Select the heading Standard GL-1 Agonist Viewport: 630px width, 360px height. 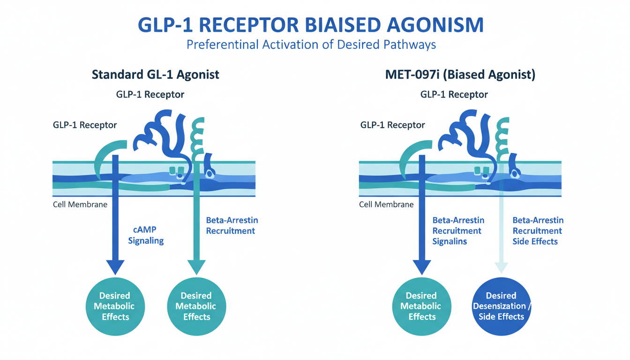pos(156,75)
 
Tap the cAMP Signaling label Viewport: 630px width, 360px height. pos(146,236)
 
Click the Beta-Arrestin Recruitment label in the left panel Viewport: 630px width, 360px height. pos(232,225)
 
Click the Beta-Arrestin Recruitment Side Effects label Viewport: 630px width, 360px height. pos(538,231)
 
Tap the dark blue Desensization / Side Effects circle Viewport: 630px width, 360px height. pos(501,306)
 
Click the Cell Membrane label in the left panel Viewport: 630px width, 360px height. pos(80,204)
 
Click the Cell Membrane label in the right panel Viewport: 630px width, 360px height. pos(386,204)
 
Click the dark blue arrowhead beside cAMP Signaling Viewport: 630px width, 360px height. pos(115,266)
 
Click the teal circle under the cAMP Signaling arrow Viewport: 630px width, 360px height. pos(115,306)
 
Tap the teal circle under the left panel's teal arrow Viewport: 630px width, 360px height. pos(196,306)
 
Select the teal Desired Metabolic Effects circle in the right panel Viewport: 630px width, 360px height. pos(421,306)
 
